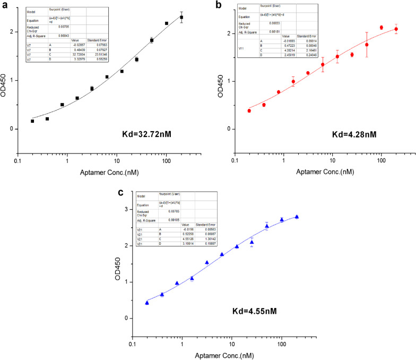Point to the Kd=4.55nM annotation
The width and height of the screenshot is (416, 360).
[x=264, y=310]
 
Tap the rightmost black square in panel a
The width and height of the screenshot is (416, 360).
[x=181, y=18]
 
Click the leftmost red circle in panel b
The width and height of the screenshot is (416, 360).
[x=249, y=110]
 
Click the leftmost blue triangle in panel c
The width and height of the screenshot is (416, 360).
[x=147, y=303]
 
